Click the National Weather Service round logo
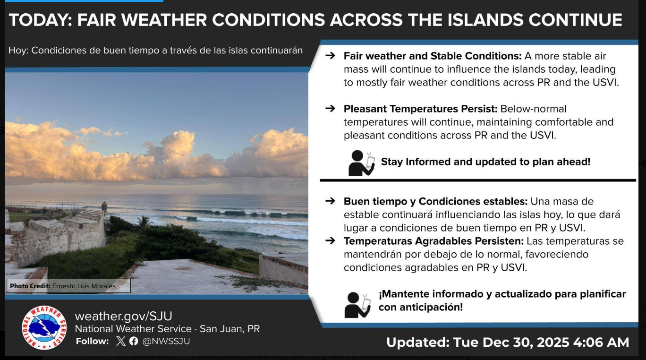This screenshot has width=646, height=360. coord(44,328)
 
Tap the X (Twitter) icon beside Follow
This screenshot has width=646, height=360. coord(121,341)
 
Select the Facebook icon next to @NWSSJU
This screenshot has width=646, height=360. coord(134,341)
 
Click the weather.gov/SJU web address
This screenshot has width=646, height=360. coord(123,316)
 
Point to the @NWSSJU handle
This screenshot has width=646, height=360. coord(166,341)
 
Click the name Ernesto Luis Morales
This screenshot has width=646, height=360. coord(84,286)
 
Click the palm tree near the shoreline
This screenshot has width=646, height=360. coord(144,222)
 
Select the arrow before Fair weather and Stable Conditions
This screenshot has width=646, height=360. coord(330,55)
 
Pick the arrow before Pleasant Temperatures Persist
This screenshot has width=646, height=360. coord(330,109)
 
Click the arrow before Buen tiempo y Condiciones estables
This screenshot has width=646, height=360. coord(330,201)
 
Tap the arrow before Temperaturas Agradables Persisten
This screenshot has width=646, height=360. coord(330,240)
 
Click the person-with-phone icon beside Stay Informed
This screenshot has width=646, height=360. coord(361,163)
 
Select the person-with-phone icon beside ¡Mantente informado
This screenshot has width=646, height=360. coord(357,305)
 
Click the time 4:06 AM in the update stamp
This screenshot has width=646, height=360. coord(601,343)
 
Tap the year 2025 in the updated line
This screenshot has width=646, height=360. coord(553,343)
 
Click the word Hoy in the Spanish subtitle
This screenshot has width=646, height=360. coord(17,51)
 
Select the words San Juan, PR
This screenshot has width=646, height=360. coord(229,328)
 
